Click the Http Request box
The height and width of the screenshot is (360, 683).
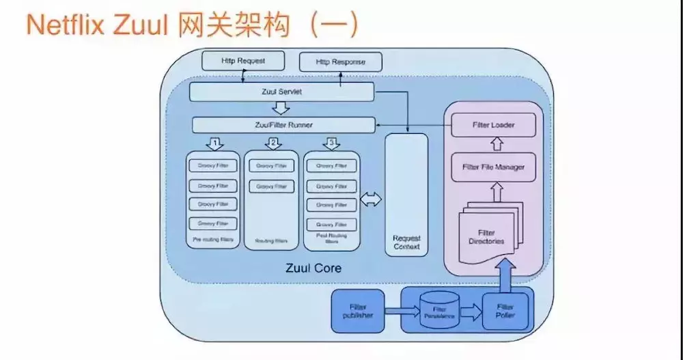click(x=242, y=61)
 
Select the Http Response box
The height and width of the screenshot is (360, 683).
click(x=340, y=62)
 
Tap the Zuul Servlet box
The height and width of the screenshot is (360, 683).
click(x=281, y=92)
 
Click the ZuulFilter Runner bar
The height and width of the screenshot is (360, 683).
click(x=283, y=125)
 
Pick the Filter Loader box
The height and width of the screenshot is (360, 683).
click(x=493, y=126)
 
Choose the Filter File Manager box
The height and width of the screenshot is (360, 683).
click(x=493, y=167)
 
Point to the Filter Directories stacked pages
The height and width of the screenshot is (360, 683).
click(x=487, y=235)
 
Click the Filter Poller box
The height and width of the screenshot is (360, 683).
click(x=505, y=311)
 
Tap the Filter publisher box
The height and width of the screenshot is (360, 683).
click(x=357, y=311)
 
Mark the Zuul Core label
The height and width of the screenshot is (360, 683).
click(x=313, y=268)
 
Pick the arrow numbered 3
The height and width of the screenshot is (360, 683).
click(x=331, y=143)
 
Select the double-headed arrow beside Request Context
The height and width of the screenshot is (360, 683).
click(x=372, y=199)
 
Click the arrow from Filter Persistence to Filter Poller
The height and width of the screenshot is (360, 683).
click(x=471, y=313)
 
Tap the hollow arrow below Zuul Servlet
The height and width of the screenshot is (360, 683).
click(x=280, y=109)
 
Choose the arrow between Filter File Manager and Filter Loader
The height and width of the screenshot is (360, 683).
click(x=497, y=144)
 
